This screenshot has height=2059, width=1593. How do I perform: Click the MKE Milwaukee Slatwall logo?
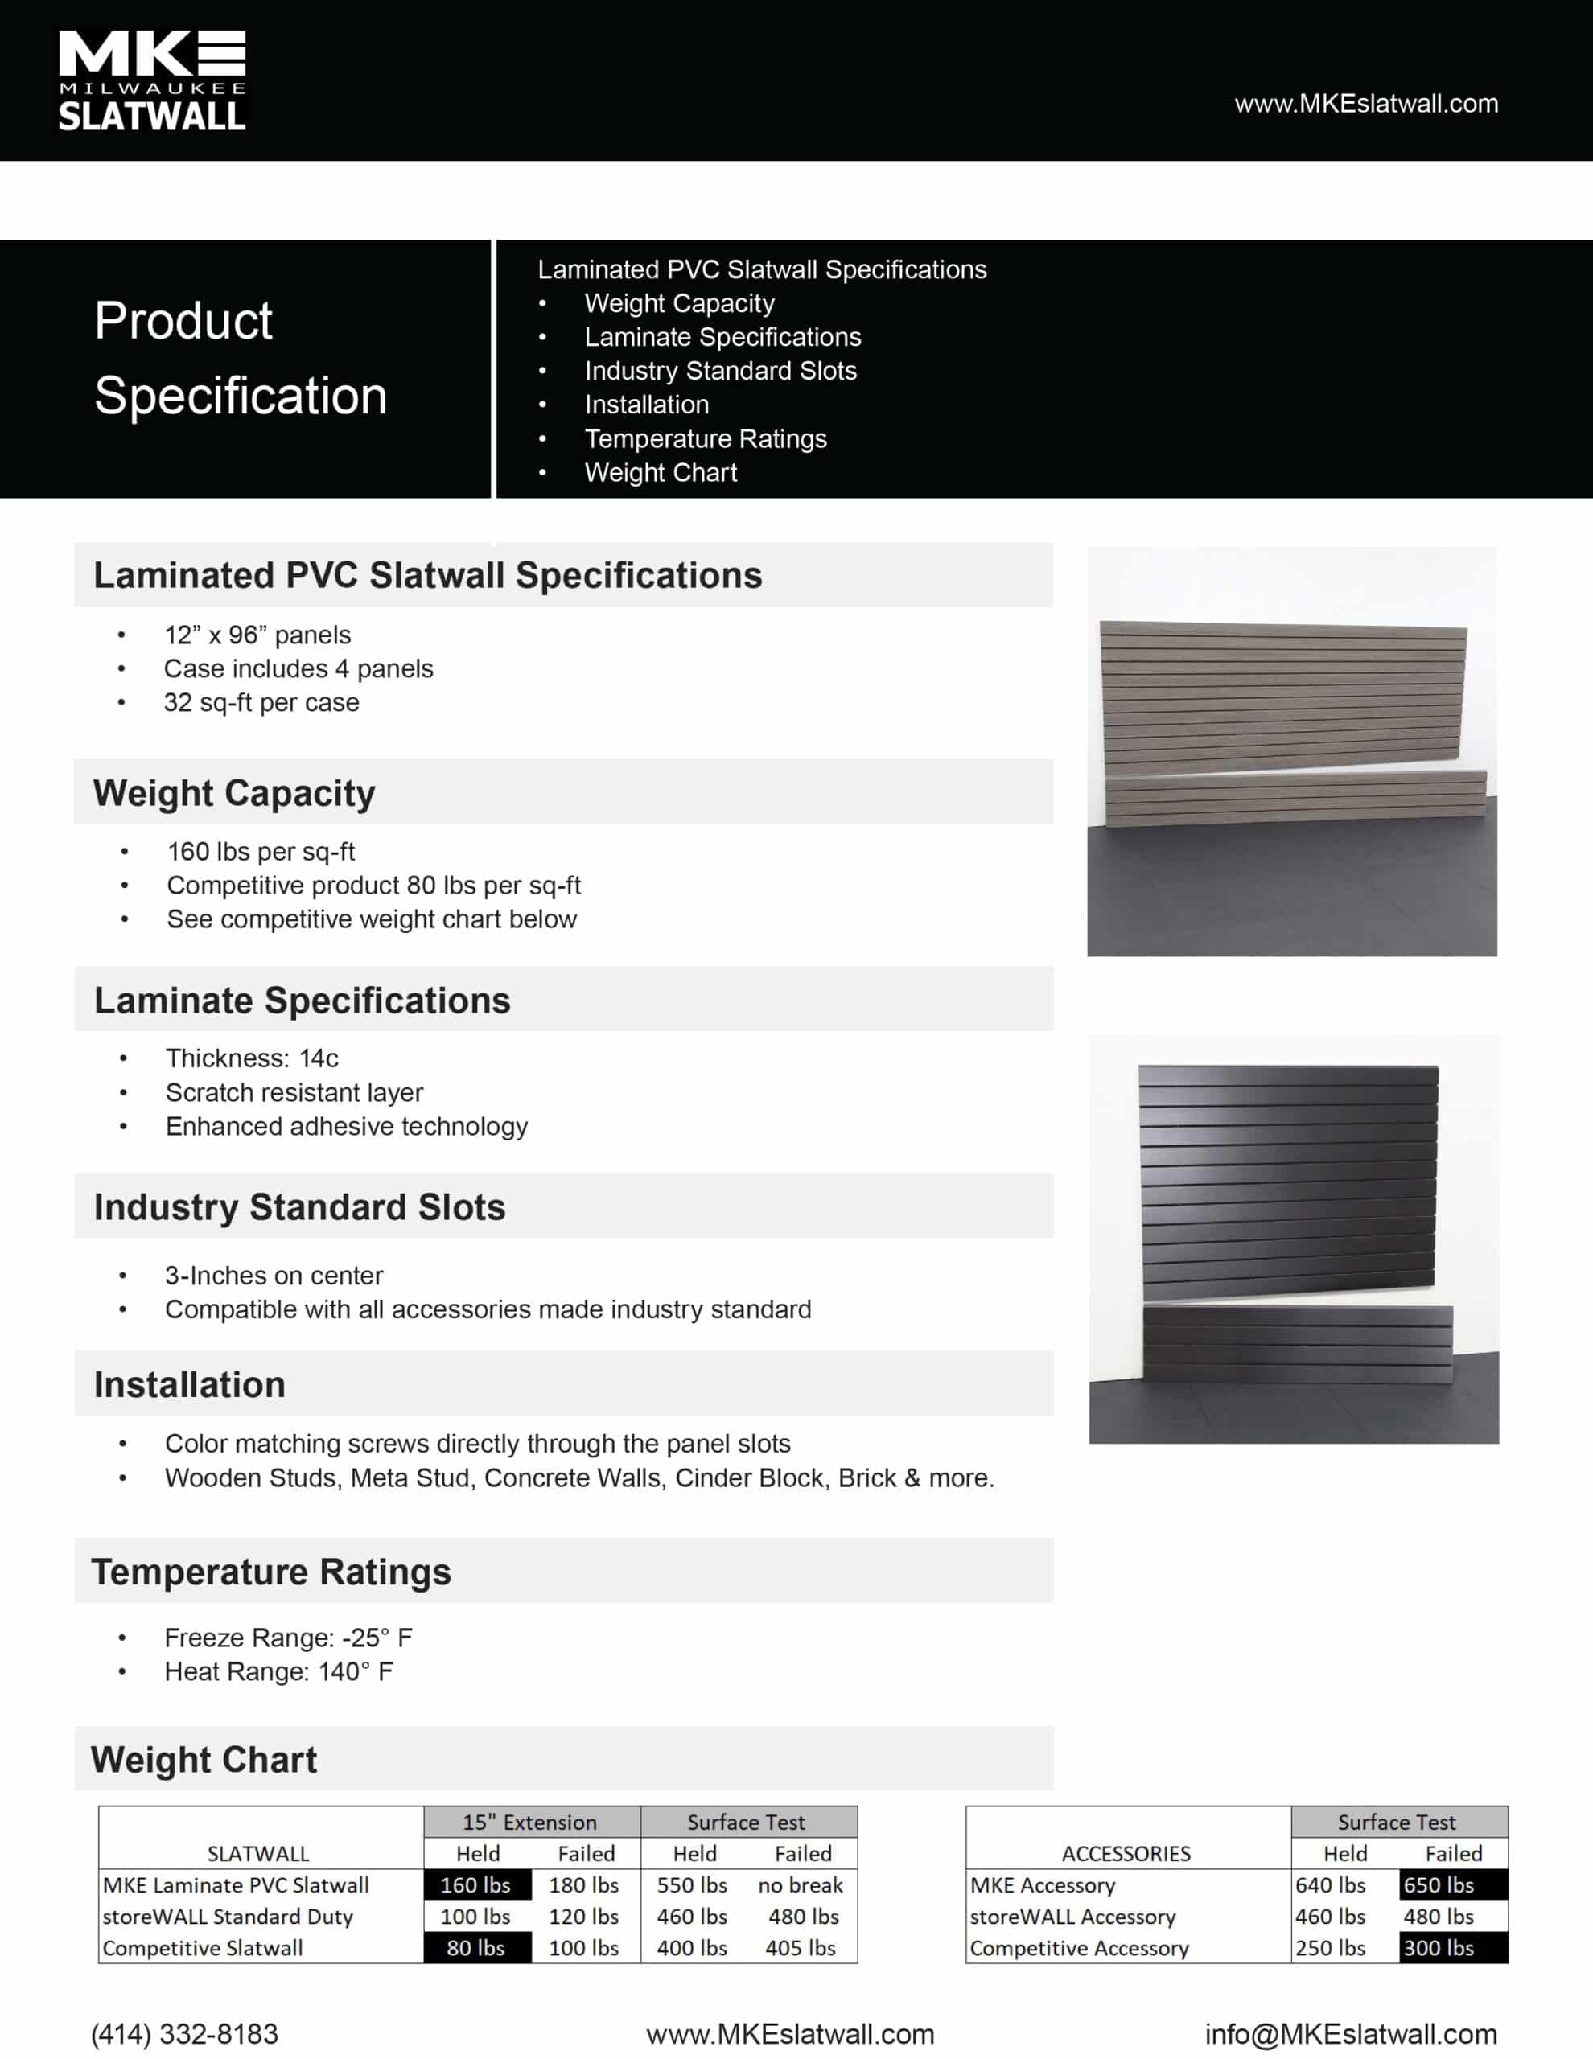[x=152, y=80]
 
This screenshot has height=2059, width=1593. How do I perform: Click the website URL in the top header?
[x=1365, y=104]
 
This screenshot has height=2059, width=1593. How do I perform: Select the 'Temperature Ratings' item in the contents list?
[x=705, y=438]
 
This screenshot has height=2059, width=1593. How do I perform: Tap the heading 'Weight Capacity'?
[x=234, y=793]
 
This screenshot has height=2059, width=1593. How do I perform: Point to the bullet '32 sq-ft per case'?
[x=261, y=702]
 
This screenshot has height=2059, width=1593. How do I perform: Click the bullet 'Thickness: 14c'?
[x=252, y=1058]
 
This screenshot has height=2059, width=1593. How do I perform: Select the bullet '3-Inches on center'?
[x=274, y=1276]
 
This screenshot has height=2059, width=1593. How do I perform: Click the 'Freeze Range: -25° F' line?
[x=288, y=1638]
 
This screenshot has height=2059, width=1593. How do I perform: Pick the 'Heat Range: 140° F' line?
[x=278, y=1671]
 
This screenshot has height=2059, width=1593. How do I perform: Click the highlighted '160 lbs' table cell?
[x=476, y=1884]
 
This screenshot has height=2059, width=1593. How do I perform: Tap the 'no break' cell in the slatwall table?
[x=800, y=1884]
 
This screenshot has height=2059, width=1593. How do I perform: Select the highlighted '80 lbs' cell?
[x=476, y=1948]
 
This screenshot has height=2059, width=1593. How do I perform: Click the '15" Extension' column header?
[x=530, y=1823]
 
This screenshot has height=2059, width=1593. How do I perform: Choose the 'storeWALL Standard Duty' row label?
[x=228, y=1917]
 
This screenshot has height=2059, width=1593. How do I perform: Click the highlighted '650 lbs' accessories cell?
[x=1439, y=1884]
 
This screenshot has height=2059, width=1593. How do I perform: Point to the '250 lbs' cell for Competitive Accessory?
[x=1330, y=1948]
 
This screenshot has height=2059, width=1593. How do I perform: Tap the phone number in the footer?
[x=185, y=2033]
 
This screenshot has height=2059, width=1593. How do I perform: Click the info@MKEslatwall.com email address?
[x=1351, y=2033]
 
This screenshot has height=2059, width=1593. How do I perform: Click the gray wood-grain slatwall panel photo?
[x=1291, y=751]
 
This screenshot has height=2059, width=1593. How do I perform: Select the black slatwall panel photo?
[x=1293, y=1238]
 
